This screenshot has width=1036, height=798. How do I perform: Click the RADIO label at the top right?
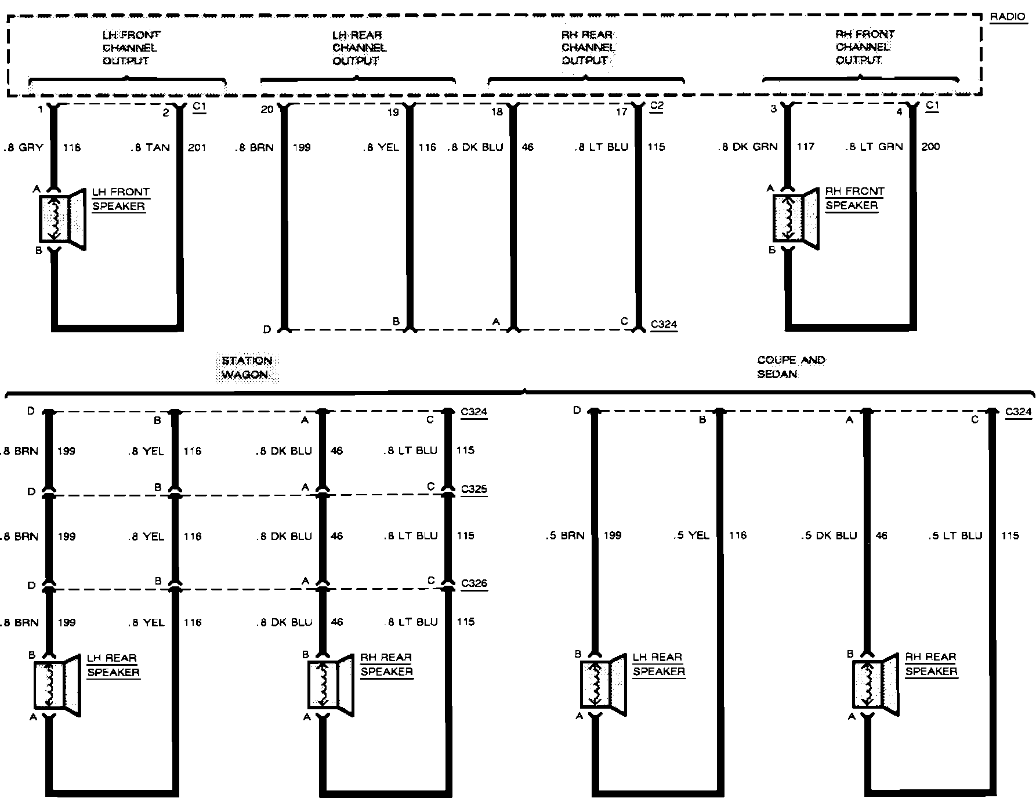1008,17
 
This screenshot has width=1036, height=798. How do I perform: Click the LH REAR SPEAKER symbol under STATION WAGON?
56,685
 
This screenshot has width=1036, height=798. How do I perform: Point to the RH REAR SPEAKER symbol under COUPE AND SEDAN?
875,684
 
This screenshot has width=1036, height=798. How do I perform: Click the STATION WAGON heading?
247,368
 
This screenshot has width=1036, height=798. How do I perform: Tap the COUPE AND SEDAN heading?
791,367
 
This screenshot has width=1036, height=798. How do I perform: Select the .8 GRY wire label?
24,147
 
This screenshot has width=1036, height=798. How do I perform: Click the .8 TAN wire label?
150,147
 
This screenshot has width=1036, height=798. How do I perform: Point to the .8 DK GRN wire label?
747,147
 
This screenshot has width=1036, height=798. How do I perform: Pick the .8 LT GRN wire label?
874,147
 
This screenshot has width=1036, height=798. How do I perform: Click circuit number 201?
197,147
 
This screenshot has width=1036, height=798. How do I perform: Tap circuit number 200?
930,147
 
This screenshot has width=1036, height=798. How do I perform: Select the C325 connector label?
474,489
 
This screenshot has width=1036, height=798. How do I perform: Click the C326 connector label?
474,583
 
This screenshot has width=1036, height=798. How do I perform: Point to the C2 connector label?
657,106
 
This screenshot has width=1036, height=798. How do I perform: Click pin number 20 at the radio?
266,110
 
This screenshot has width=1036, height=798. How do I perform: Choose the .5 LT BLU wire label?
955,536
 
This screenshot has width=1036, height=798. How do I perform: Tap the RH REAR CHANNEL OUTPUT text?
588,48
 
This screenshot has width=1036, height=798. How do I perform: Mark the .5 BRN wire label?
565,536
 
